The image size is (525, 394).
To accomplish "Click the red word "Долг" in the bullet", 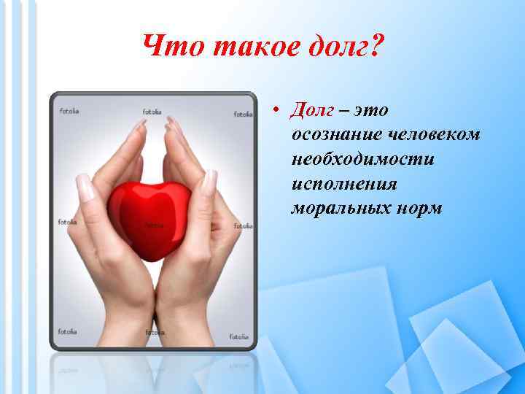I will pos(312,110).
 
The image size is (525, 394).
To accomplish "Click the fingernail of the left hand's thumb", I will pos(85,188).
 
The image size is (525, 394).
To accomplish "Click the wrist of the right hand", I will pos(184,321).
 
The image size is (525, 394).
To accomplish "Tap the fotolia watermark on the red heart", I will pos(154,225).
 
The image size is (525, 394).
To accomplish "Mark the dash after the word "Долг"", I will pos(344,112).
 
